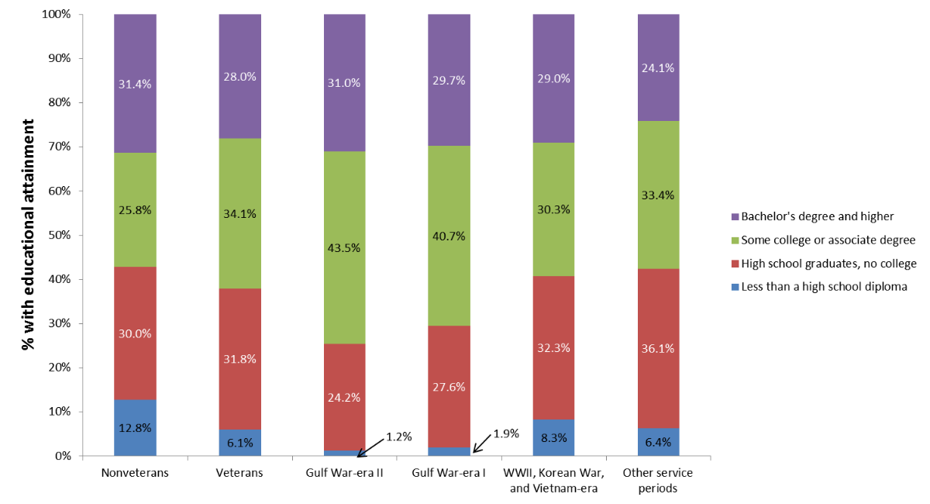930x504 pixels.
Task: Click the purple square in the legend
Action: [x=735, y=217]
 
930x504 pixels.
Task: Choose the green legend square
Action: [x=735, y=240]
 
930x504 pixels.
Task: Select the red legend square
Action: [x=735, y=264]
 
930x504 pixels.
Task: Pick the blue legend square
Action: [x=735, y=287]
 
